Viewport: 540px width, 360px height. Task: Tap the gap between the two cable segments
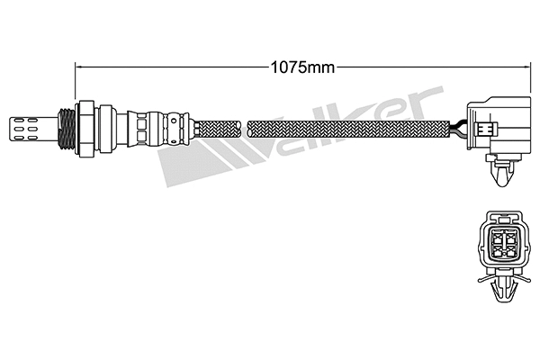[x=247, y=125]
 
